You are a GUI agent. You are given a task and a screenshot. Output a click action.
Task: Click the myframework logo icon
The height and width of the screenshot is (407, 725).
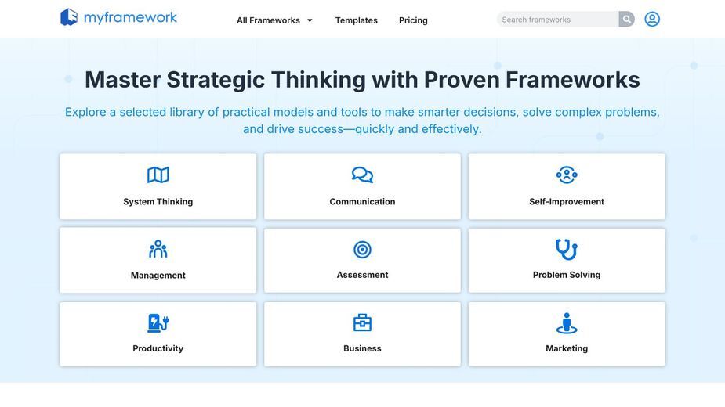point(69,17)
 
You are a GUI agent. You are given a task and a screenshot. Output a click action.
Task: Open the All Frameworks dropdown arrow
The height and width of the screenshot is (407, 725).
point(310,20)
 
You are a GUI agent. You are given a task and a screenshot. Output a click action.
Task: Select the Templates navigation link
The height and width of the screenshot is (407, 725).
point(356,20)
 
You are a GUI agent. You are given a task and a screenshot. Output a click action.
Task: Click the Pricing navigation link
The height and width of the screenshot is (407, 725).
point(413,20)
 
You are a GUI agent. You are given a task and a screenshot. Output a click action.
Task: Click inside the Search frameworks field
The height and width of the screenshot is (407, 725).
point(557,20)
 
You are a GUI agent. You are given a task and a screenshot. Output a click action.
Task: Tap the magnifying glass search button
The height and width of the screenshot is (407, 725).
point(626,20)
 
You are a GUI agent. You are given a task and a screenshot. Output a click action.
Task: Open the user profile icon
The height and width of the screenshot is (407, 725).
point(652,19)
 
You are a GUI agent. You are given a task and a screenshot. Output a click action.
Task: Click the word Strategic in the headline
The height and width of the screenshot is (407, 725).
point(216,80)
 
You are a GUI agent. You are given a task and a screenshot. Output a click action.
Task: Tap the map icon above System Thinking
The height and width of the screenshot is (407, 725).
point(158,175)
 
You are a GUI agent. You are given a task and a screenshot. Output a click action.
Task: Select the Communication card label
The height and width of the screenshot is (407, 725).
point(362,201)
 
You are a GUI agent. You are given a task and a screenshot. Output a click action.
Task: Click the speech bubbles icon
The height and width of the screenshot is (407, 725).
point(362,175)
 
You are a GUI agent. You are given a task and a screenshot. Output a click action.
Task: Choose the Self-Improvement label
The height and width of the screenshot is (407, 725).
point(567,201)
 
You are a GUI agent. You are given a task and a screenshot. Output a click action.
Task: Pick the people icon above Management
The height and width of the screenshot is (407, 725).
point(158,249)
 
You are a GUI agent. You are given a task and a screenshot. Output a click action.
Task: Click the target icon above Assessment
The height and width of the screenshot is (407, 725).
point(362,250)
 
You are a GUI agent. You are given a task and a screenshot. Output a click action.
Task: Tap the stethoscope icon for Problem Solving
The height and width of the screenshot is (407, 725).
point(567,250)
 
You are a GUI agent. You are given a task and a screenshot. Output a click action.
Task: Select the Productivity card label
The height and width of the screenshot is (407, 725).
point(158,348)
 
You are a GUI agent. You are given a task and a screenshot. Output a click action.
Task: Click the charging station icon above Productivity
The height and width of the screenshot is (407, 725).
point(158,323)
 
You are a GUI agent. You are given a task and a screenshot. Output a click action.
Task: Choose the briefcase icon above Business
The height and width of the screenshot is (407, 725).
point(362,322)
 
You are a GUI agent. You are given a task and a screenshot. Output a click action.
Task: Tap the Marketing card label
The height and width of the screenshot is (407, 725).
point(567,348)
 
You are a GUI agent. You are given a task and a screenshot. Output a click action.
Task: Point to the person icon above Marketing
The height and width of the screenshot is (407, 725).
point(567,323)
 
